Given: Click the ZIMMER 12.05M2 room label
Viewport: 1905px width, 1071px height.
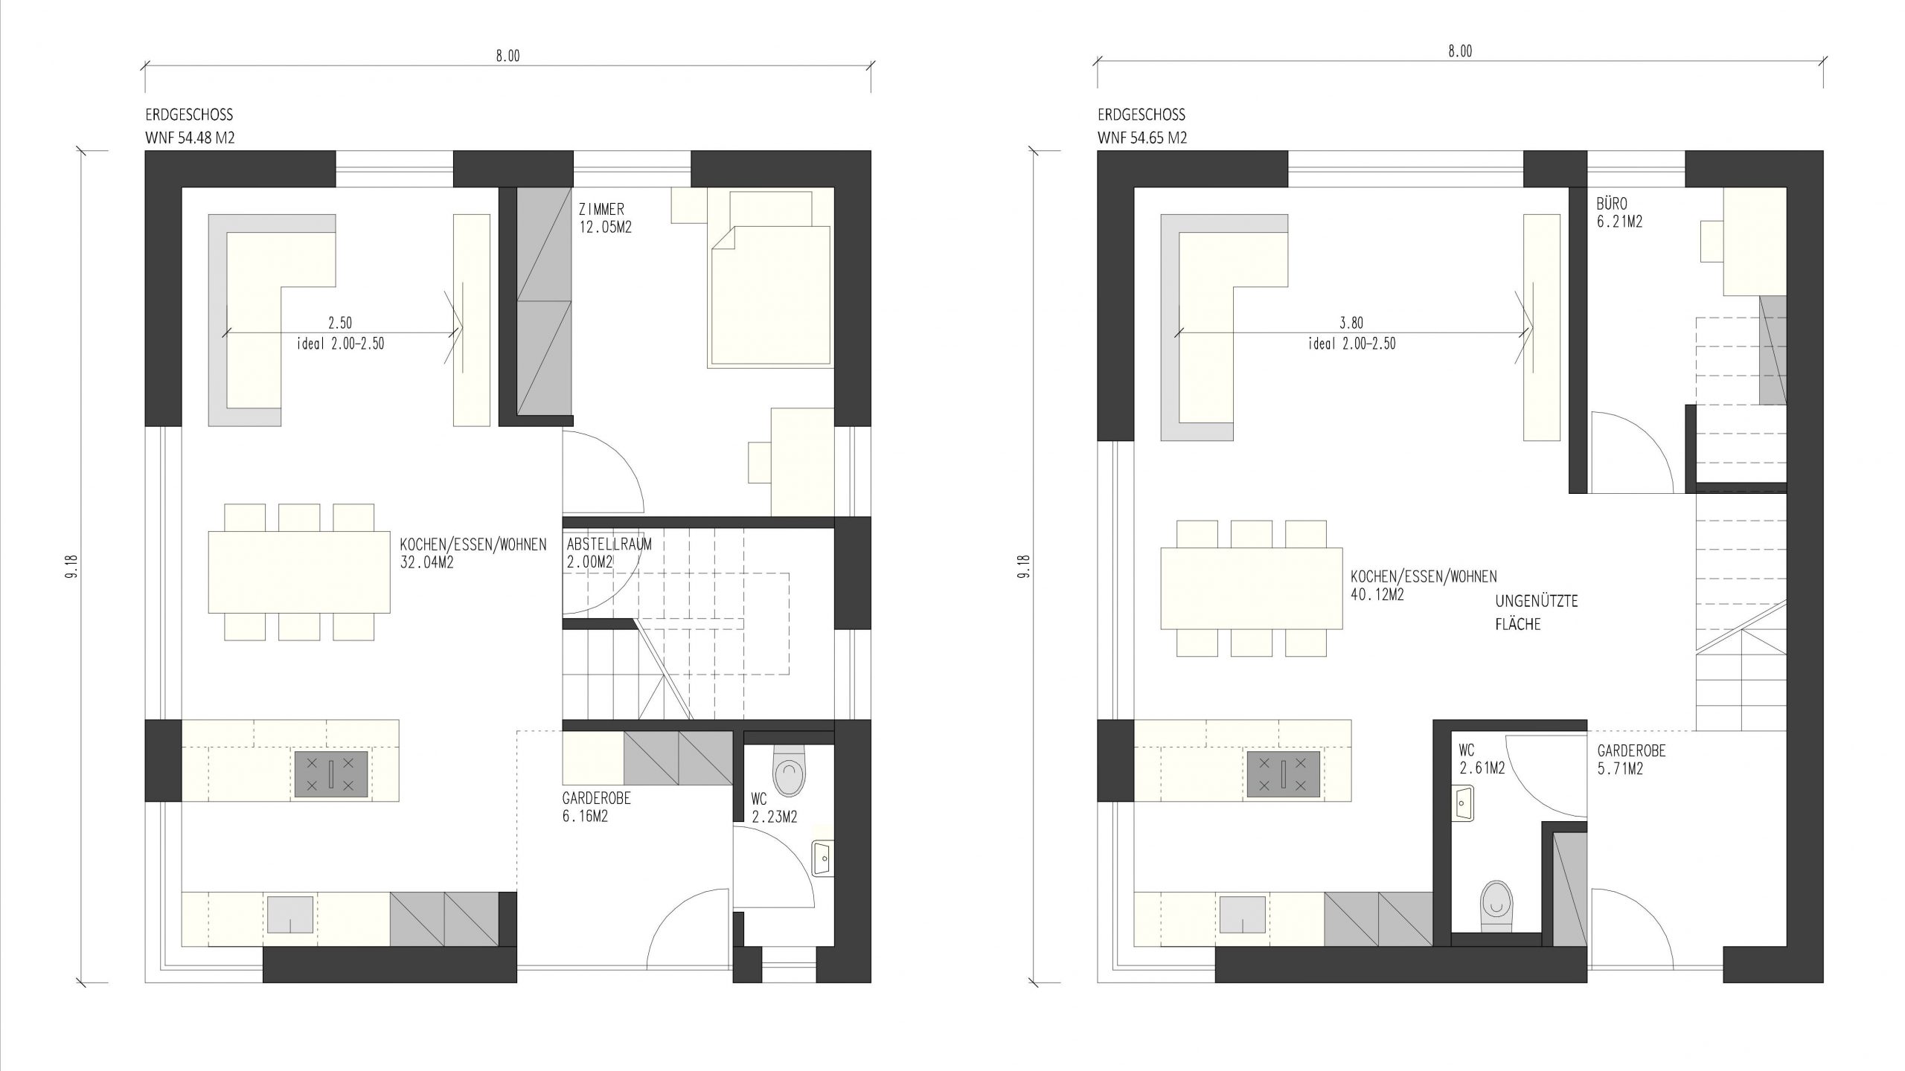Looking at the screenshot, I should (x=605, y=219).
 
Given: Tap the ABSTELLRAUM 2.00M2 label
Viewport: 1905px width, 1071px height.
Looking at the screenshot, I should (x=609, y=553).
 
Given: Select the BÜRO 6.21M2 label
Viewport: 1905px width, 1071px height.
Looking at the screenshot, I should (x=1619, y=212).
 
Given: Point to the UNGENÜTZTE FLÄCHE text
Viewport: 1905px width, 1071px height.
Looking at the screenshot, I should (x=1537, y=612).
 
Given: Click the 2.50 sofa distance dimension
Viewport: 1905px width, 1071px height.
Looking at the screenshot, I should (x=340, y=323).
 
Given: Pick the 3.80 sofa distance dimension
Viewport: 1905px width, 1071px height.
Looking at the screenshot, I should (x=1351, y=323).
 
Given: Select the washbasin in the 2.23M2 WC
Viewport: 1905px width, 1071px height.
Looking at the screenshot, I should (x=823, y=860).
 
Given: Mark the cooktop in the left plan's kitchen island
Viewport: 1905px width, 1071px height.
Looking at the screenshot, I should (x=331, y=775).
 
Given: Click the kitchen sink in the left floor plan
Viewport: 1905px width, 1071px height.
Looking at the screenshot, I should (x=289, y=914).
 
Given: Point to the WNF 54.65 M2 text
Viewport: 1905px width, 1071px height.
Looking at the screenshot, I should (x=1142, y=138).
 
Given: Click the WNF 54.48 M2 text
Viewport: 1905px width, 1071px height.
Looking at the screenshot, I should (x=190, y=138).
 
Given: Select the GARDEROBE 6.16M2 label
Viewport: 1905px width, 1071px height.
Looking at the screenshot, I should (x=596, y=807).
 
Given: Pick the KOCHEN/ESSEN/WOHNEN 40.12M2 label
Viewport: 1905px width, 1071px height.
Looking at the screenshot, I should (x=1424, y=585).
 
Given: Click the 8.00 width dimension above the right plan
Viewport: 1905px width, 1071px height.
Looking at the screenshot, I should (x=1460, y=51).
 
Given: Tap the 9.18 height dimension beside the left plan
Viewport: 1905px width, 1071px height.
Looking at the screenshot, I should (x=73, y=565).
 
